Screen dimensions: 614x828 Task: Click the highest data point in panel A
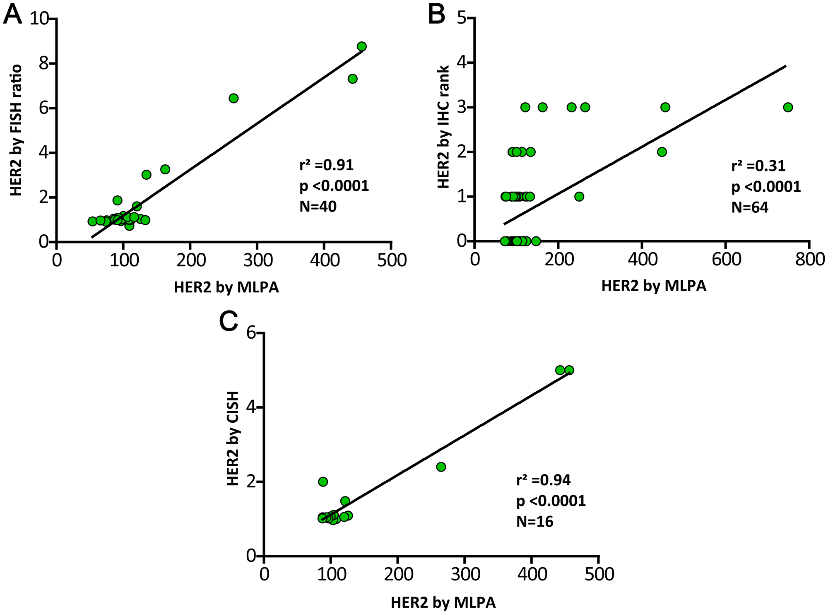point(362,46)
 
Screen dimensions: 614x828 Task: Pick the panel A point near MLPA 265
point(233,98)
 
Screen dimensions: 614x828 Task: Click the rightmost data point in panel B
point(788,107)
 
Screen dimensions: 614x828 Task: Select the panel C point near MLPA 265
point(441,467)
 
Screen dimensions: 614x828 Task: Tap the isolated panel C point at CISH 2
point(323,482)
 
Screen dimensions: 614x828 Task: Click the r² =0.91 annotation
point(326,165)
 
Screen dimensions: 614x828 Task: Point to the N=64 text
point(750,207)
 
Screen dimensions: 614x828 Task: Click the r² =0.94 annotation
point(543,480)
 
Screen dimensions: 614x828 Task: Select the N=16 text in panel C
point(534,522)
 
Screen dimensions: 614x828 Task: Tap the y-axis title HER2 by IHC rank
point(443,127)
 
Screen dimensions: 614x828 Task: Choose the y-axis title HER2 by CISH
point(233,438)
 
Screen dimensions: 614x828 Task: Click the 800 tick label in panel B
point(809,260)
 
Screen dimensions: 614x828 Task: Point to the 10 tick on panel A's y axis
point(39,19)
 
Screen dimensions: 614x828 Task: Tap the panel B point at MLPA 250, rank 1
point(579,196)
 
